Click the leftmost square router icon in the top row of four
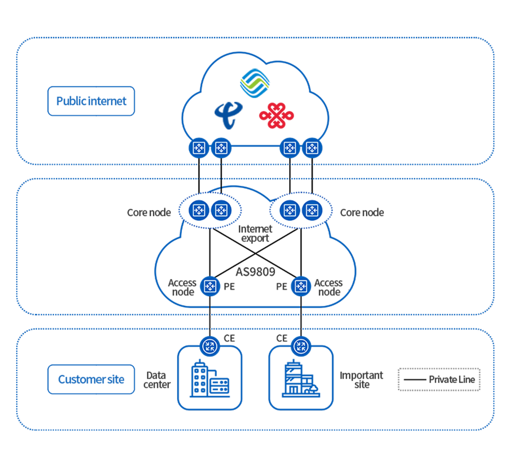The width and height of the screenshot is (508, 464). pos(199,148)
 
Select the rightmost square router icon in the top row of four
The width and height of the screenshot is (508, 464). pos(312,148)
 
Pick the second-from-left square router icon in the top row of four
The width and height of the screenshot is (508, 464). pos(221,148)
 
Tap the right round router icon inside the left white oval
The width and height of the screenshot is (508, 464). pos(220,210)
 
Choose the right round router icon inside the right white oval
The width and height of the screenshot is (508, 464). pos(312,210)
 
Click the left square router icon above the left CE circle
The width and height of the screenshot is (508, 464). pos(210,286)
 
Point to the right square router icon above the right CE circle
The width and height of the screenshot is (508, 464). pos(301,286)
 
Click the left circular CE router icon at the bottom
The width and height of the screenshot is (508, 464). pos(210,346)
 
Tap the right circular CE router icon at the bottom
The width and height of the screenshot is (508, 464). pos(301,346)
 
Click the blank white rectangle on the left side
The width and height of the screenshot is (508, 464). pos(93,251)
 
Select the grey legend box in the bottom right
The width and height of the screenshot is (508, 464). pos(438,379)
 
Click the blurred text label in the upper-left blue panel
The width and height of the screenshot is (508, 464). pos(91,101)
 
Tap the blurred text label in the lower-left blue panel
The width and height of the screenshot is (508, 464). pos(91,379)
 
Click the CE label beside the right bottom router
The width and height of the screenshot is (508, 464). pos(281,338)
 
